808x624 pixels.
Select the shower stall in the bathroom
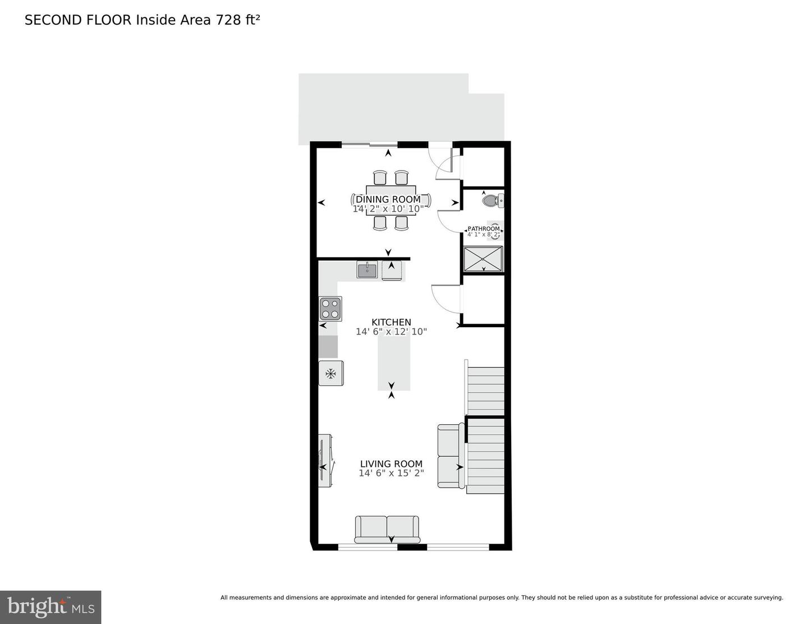(x=483, y=259)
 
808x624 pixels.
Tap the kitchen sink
(x=367, y=270)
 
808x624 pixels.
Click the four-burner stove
(x=330, y=308)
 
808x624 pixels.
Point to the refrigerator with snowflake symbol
(x=330, y=373)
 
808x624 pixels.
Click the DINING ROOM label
(x=388, y=199)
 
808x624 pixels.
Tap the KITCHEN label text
(x=391, y=322)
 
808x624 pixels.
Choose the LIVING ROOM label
(x=391, y=464)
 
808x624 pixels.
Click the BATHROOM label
(x=484, y=228)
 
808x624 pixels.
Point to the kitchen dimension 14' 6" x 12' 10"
(x=391, y=332)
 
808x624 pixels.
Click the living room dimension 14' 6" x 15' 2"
(x=391, y=473)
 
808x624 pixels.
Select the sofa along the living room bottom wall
(x=387, y=529)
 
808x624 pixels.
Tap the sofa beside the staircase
(x=450, y=456)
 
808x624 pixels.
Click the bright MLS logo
(x=50, y=607)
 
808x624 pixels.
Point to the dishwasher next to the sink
(x=392, y=270)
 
